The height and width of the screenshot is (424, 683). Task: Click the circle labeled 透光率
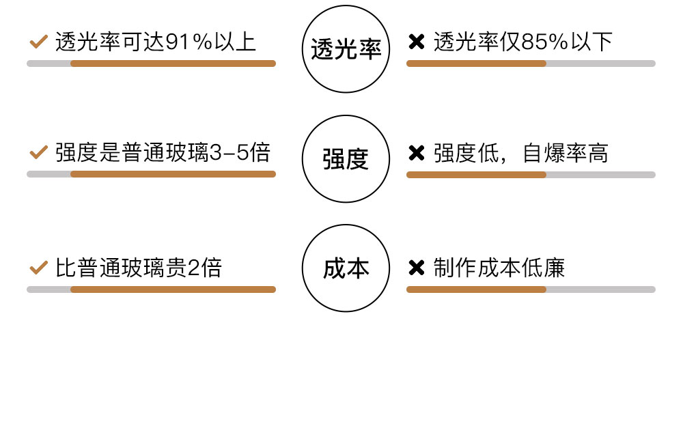[346, 48]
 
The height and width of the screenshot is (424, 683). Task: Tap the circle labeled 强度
[346, 158]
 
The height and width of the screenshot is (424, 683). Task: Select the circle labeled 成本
[346, 268]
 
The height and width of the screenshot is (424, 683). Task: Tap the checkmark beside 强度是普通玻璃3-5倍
[38, 152]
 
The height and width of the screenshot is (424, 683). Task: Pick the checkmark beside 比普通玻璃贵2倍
[38, 268]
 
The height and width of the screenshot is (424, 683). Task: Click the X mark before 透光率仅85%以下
[416, 42]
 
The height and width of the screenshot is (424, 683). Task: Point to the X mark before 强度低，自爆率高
[416, 153]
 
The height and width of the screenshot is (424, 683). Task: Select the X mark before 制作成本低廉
[416, 268]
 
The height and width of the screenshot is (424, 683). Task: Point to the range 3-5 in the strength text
[230, 152]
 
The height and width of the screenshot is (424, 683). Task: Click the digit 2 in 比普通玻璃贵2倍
[193, 268]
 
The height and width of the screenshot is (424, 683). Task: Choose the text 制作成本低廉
[499, 268]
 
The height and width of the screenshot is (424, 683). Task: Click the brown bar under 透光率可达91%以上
[173, 63]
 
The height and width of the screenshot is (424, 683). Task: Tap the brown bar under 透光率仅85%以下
[476, 63]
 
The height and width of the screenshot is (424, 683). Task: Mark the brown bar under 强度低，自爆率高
[476, 175]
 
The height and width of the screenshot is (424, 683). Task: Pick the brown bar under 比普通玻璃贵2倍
[173, 289]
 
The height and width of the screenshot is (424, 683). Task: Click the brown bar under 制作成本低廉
[476, 289]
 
